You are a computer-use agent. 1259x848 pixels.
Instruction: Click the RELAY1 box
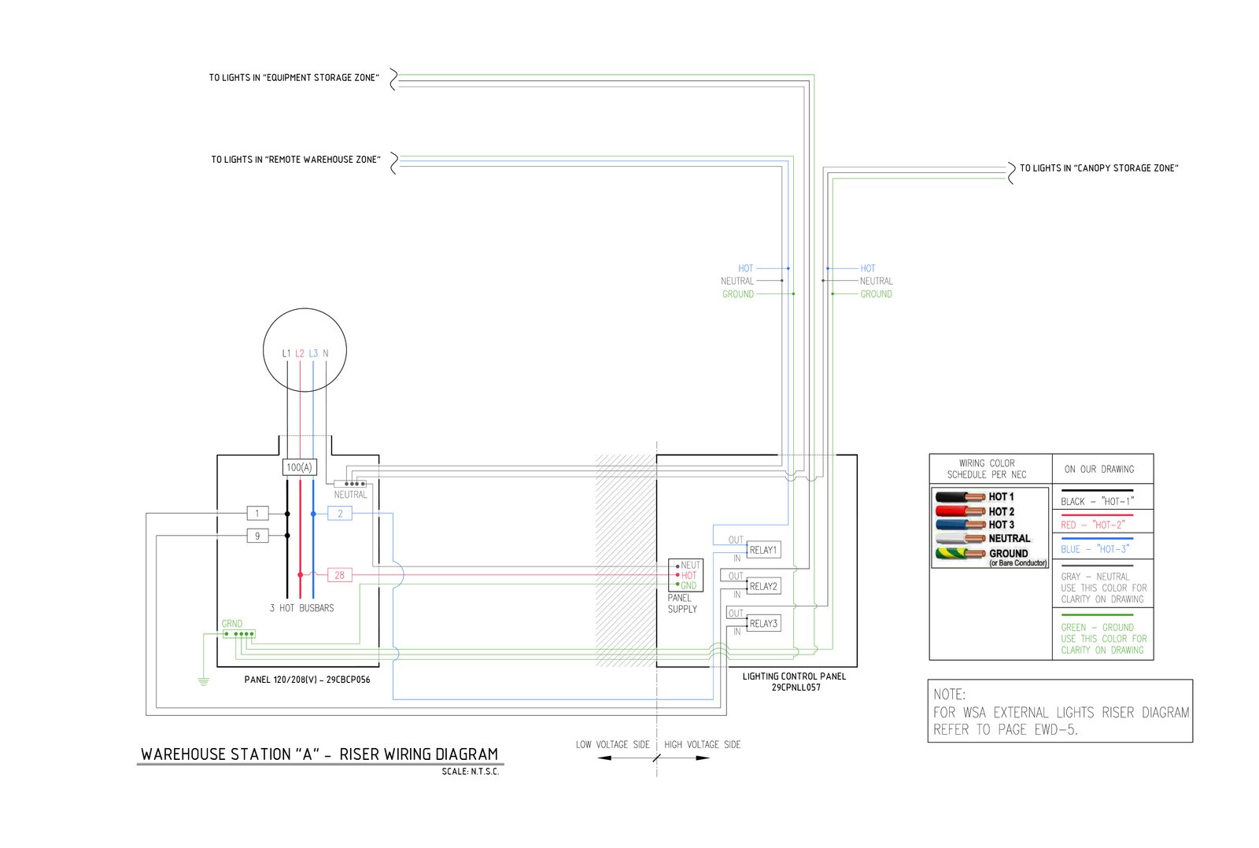coord(763,550)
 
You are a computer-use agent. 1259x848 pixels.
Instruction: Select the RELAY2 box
coord(763,586)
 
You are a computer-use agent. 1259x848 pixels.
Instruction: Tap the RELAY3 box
coord(763,623)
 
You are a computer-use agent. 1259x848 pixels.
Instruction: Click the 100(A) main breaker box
coord(299,467)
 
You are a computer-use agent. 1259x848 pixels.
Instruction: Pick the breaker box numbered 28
coord(339,575)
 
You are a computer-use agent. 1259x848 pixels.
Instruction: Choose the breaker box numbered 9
coord(257,536)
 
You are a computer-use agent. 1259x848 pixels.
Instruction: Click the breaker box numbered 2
coord(340,514)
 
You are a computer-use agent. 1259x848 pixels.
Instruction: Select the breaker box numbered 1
coord(257,514)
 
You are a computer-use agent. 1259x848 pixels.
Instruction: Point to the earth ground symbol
coord(203,680)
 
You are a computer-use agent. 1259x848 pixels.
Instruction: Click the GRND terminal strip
coord(239,633)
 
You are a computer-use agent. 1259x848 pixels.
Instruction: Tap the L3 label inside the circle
coord(313,354)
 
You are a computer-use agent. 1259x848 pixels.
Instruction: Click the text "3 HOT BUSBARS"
coord(301,608)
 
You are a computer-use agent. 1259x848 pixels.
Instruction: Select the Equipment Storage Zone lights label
coord(294,78)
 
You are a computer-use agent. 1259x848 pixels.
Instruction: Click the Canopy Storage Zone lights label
coord(1098,168)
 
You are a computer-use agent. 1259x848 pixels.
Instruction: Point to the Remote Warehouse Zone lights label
coord(295,160)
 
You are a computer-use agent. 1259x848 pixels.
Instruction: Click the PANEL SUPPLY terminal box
coord(685,575)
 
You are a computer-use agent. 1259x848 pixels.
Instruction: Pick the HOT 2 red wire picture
coord(960,511)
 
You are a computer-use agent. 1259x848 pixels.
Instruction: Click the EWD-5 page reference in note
coord(1054,730)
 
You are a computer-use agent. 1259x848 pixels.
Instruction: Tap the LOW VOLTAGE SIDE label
coord(612,744)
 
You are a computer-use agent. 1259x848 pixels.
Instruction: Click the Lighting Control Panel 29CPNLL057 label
coord(795,681)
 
